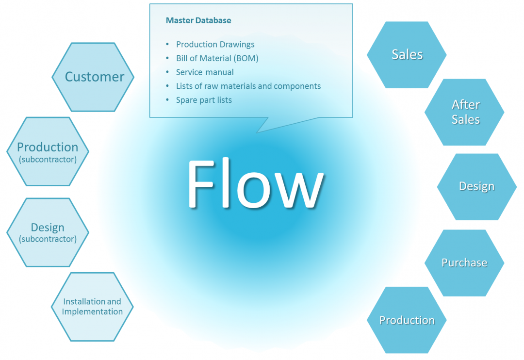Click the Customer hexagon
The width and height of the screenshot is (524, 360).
pyautogui.click(x=93, y=77)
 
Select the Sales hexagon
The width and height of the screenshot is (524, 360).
pyautogui.click(x=407, y=55)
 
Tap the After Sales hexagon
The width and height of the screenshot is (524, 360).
pyautogui.click(x=464, y=112)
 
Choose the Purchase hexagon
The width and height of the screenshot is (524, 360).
pyautogui.click(x=464, y=263)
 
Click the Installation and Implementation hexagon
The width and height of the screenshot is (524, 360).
pyautogui.click(x=92, y=307)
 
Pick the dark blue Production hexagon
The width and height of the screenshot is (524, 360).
pyautogui.click(x=407, y=320)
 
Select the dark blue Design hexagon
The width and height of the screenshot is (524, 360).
pyautogui.click(x=476, y=187)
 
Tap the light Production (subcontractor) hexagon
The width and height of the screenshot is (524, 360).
pyautogui.click(x=48, y=151)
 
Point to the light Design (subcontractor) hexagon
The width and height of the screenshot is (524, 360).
pyautogui.click(x=48, y=232)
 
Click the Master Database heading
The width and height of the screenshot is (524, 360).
pyautogui.click(x=198, y=20)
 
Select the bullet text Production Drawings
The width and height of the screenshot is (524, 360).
pyautogui.click(x=215, y=44)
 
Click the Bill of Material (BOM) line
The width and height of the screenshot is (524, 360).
pyautogui.click(x=217, y=58)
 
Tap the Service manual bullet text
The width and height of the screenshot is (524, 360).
pyautogui.click(x=205, y=72)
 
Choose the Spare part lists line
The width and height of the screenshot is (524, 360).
pyautogui.click(x=204, y=100)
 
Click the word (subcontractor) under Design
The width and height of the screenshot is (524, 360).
pyautogui.click(x=48, y=239)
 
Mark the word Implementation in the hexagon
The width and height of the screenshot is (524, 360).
pyautogui.click(x=92, y=312)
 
